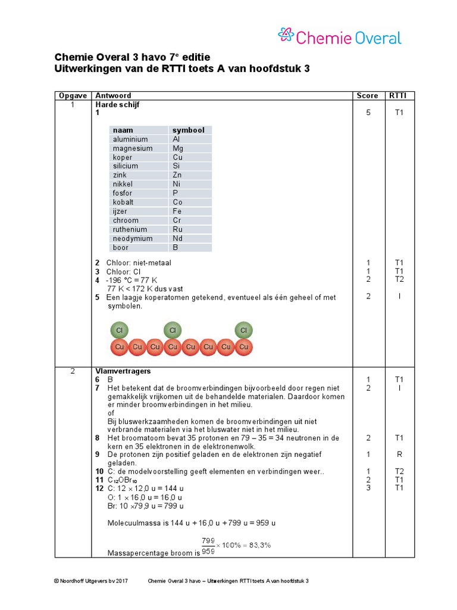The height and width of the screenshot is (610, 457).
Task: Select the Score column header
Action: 367,95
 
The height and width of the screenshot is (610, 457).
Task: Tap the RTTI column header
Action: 399,95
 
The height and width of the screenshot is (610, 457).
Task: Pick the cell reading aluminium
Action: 130,139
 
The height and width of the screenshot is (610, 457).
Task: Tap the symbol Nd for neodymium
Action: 178,238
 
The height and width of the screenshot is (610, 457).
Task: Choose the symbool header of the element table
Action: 188,130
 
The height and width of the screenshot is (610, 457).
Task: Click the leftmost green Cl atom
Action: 119,330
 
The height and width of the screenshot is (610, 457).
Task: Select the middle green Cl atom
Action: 173,330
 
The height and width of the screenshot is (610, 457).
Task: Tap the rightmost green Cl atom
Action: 243,330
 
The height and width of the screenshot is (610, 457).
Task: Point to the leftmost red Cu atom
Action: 119,347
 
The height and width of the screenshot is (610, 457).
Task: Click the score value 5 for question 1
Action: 368,113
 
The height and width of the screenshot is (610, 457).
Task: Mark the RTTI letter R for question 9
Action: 399,454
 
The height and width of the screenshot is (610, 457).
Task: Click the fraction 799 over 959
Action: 208,546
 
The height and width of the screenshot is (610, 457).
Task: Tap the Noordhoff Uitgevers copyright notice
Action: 90,581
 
